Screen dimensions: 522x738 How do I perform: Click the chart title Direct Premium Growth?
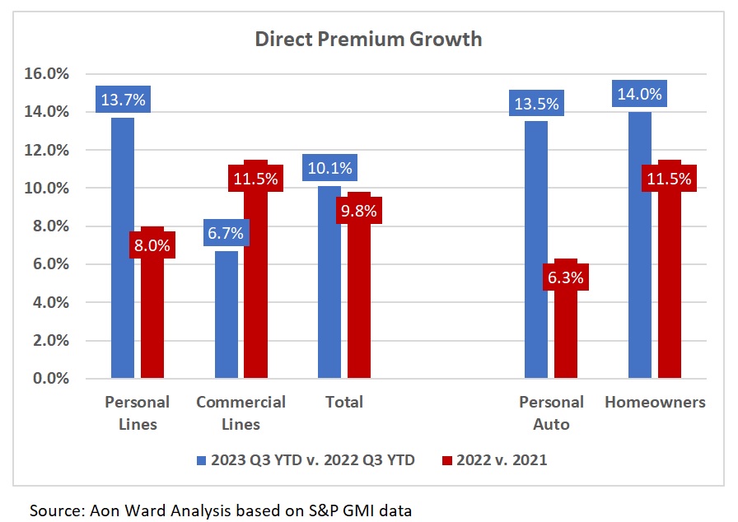[367, 39]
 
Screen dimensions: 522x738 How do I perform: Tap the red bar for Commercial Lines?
[256, 288]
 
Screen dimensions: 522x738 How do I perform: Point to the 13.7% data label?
[123, 100]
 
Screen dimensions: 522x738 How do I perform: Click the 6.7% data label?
[227, 233]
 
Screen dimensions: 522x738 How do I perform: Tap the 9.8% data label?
[359, 211]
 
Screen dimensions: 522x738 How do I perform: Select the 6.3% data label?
[566, 277]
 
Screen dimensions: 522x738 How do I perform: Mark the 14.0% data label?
[640, 94]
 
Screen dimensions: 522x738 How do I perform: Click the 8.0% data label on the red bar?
[152, 245]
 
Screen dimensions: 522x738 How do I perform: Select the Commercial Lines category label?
[241, 413]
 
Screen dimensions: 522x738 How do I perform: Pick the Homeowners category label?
[655, 403]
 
